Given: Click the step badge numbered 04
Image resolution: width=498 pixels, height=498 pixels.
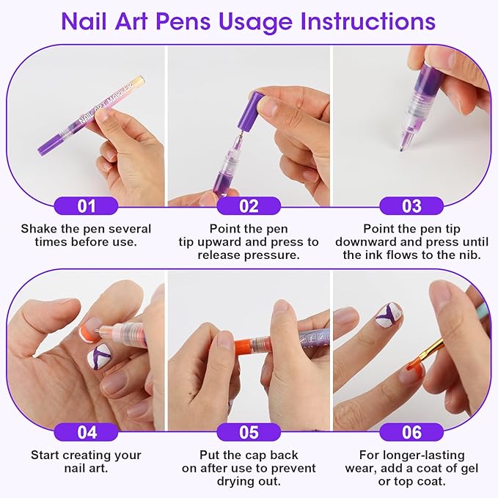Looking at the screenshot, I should click(86, 432).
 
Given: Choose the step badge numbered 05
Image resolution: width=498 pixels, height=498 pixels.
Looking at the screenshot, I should click(249, 432).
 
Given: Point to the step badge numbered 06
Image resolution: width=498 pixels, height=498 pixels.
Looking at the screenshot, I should click(411, 432).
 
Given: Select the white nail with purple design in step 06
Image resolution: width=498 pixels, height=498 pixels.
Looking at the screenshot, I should click(388, 314).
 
